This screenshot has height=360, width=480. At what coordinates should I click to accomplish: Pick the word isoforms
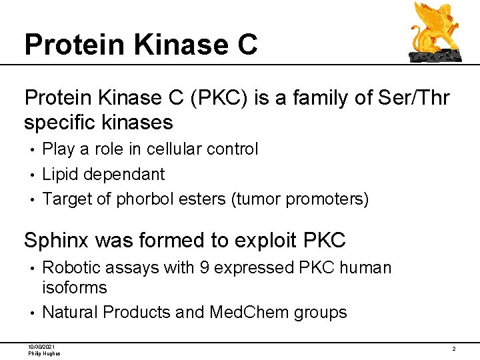click(74, 288)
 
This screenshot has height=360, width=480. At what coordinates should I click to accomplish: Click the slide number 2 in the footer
click(453, 349)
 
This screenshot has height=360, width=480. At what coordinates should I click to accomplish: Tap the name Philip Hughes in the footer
click(44, 353)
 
